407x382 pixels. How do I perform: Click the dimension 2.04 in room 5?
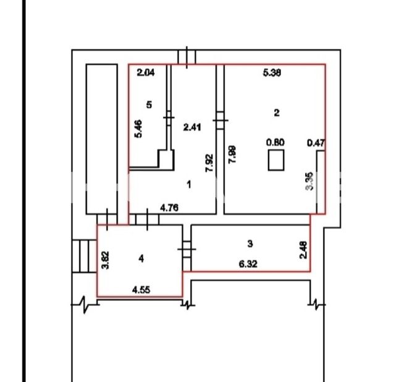tap(146, 72)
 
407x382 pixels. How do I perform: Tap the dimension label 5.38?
tap(272, 73)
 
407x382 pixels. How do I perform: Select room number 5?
tap(149, 105)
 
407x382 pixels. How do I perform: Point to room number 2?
tap(277, 112)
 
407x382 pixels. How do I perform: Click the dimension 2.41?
tap(192, 127)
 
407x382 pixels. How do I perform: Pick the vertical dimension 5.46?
tap(138, 129)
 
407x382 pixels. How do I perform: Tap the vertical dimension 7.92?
tap(209, 163)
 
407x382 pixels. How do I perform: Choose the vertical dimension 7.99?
tap(232, 155)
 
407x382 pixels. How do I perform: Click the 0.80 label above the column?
tap(275, 142)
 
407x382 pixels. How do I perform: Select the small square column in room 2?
tap(276, 160)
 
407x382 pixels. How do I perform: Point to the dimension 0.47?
tap(316, 143)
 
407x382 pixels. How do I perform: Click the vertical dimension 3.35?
tap(309, 181)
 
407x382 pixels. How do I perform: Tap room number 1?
tap(189, 185)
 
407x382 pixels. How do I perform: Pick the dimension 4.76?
tap(169, 208)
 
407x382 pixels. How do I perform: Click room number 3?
tap(250, 244)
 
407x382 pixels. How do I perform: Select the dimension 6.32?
tap(248, 265)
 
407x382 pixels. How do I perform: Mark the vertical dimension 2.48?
tap(303, 250)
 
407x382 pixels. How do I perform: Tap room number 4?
tap(141, 258)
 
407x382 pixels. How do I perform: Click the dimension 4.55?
tap(141, 290)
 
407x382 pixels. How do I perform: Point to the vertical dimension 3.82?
tap(106, 260)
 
